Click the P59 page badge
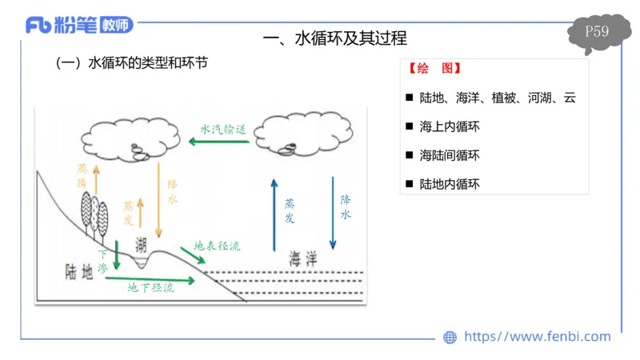click(x=597, y=33)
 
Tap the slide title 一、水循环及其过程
click(x=335, y=38)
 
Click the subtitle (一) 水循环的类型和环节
click(x=131, y=62)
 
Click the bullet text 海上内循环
click(x=449, y=126)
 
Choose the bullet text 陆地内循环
click(x=449, y=183)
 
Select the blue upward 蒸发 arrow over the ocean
click(x=274, y=213)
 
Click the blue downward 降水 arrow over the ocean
click(x=332, y=212)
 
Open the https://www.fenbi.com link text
click(x=537, y=337)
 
